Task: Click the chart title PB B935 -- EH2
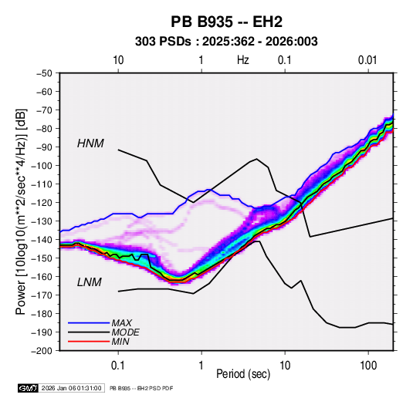tap(226, 22)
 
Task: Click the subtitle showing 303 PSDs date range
tap(226, 42)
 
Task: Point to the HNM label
tap(90, 143)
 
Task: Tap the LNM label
tap(90, 282)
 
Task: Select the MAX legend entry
tap(122, 322)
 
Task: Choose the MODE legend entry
tap(125, 332)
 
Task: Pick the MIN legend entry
tap(120, 342)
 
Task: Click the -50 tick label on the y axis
tap(44, 73)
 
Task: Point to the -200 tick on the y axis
tap(42, 351)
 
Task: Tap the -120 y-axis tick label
tap(42, 203)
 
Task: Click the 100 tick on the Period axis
tap(368, 366)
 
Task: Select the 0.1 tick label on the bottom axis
tap(118, 366)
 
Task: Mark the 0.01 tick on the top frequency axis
tap(367, 60)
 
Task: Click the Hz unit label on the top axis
tap(243, 60)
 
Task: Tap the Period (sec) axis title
tap(243, 374)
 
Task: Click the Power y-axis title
tap(21, 211)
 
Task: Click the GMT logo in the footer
tap(29, 388)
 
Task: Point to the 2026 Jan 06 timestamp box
tap(72, 388)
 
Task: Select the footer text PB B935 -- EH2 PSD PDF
tap(141, 388)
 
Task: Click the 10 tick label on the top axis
tap(118, 60)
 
